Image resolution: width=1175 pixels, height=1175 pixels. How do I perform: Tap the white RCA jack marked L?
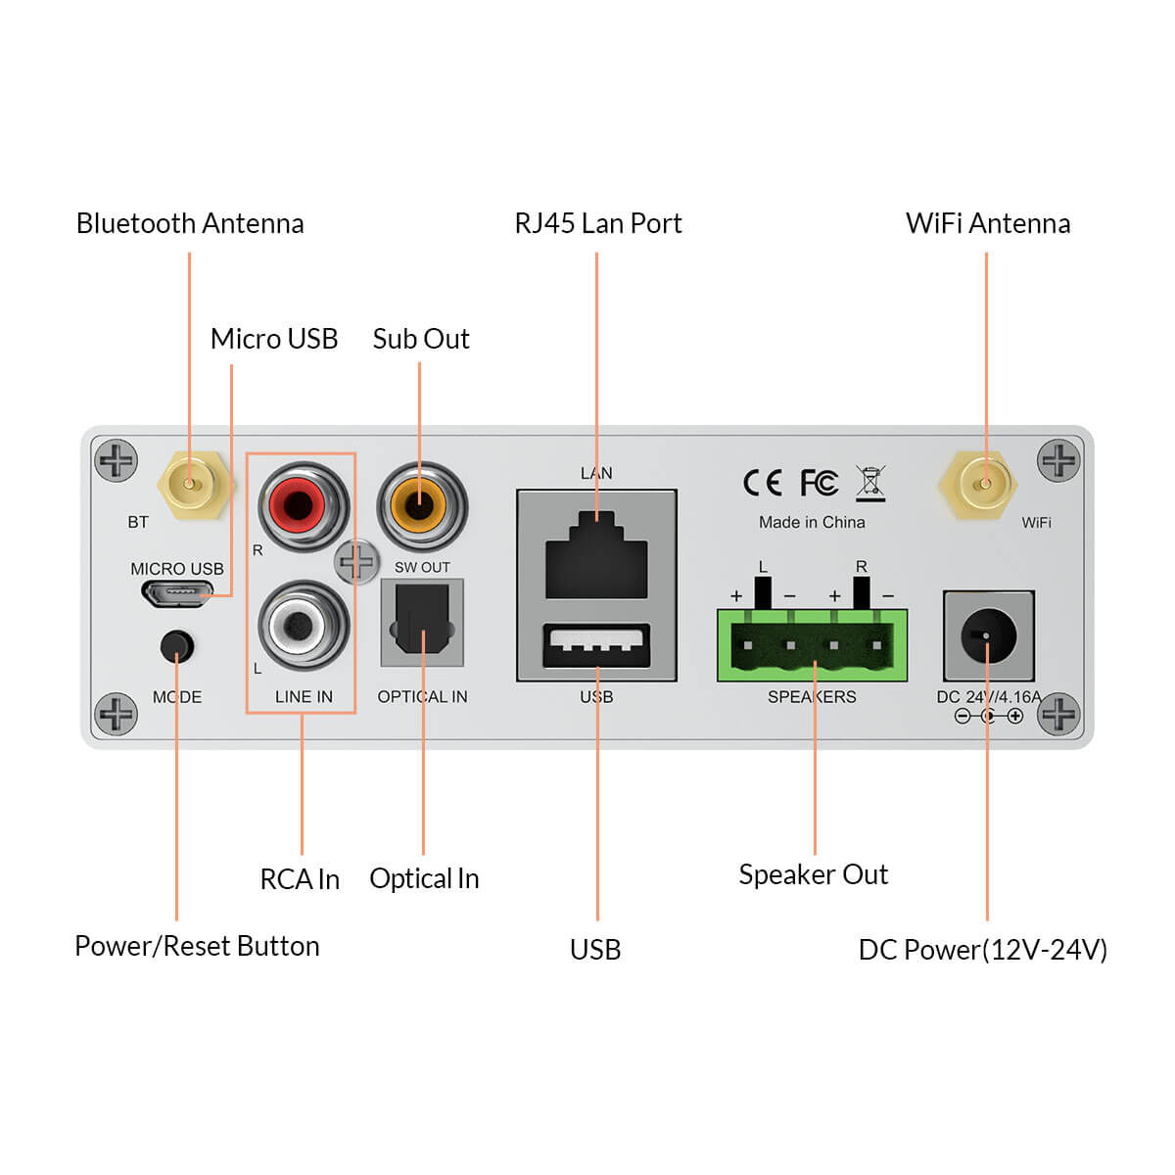(303, 626)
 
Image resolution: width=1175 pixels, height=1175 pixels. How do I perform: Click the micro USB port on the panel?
(177, 592)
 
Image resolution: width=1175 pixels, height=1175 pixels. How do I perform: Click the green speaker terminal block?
(812, 645)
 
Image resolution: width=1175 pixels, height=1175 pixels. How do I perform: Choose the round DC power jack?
(988, 636)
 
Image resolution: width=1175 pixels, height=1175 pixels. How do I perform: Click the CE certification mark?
(762, 483)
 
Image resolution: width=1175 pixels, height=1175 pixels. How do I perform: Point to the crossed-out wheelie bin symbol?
(869, 483)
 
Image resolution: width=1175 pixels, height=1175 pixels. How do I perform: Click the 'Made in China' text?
(812, 523)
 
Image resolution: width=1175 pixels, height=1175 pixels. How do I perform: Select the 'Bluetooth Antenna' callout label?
(190, 223)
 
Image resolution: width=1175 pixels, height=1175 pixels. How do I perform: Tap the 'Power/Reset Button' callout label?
(197, 946)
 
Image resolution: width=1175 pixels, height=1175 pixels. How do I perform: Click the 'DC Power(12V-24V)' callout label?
(982, 950)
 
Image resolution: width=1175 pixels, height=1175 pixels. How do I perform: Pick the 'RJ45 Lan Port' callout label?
(597, 223)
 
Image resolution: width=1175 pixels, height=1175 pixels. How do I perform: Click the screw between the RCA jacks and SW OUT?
(356, 562)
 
